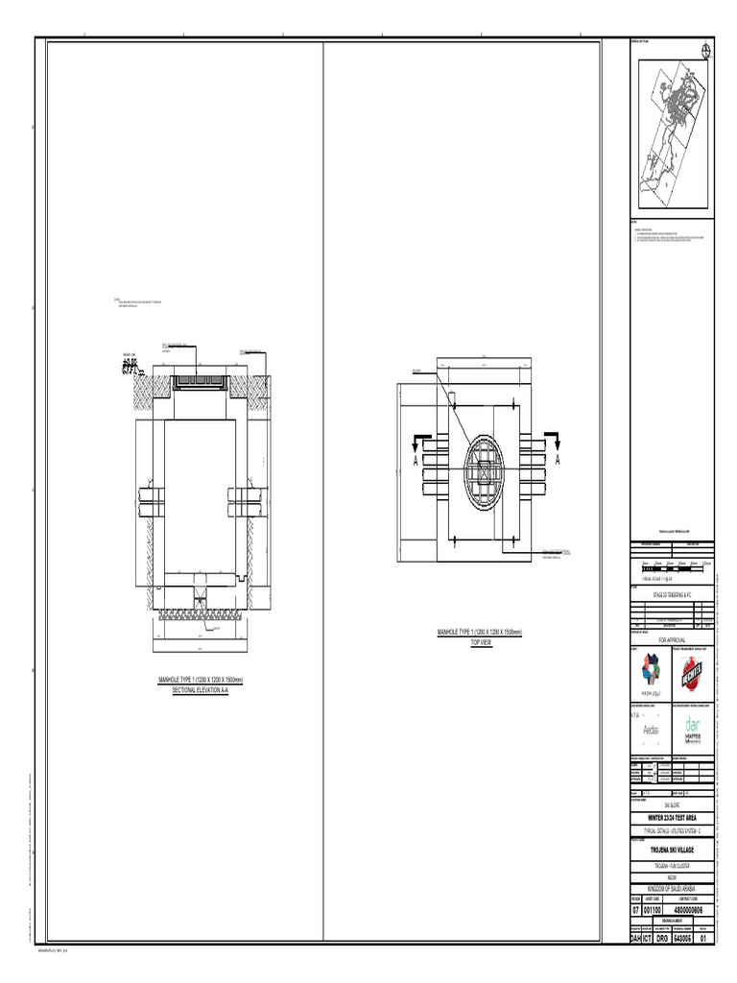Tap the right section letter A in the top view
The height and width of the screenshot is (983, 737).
point(556,462)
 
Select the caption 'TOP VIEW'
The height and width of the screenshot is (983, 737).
point(480,642)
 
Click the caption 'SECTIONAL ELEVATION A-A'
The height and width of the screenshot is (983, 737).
point(201,690)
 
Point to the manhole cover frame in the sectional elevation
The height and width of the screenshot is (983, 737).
point(201,382)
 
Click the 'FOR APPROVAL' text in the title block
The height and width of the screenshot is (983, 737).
point(672,637)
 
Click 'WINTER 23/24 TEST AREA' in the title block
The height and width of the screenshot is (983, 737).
point(672,817)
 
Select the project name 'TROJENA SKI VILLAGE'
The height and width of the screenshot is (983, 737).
point(672,851)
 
